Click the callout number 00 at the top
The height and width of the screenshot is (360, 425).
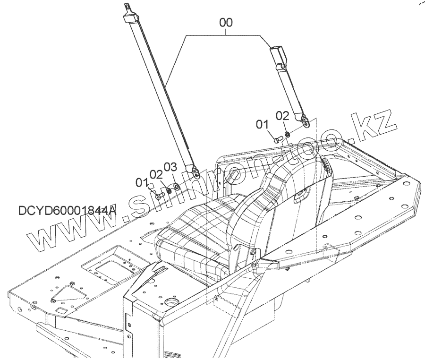[226, 23]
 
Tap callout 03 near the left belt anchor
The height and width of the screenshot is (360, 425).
[170, 167]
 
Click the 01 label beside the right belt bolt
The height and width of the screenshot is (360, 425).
[263, 125]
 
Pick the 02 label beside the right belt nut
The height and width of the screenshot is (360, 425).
[282, 115]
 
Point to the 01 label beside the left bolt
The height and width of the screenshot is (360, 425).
[142, 182]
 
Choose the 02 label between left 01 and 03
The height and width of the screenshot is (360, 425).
[156, 174]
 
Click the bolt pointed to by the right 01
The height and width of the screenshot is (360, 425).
[277, 139]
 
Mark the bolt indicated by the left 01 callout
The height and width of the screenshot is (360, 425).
[160, 193]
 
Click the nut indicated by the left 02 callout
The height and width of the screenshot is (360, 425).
[169, 189]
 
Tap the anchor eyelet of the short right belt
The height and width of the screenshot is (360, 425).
[306, 124]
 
